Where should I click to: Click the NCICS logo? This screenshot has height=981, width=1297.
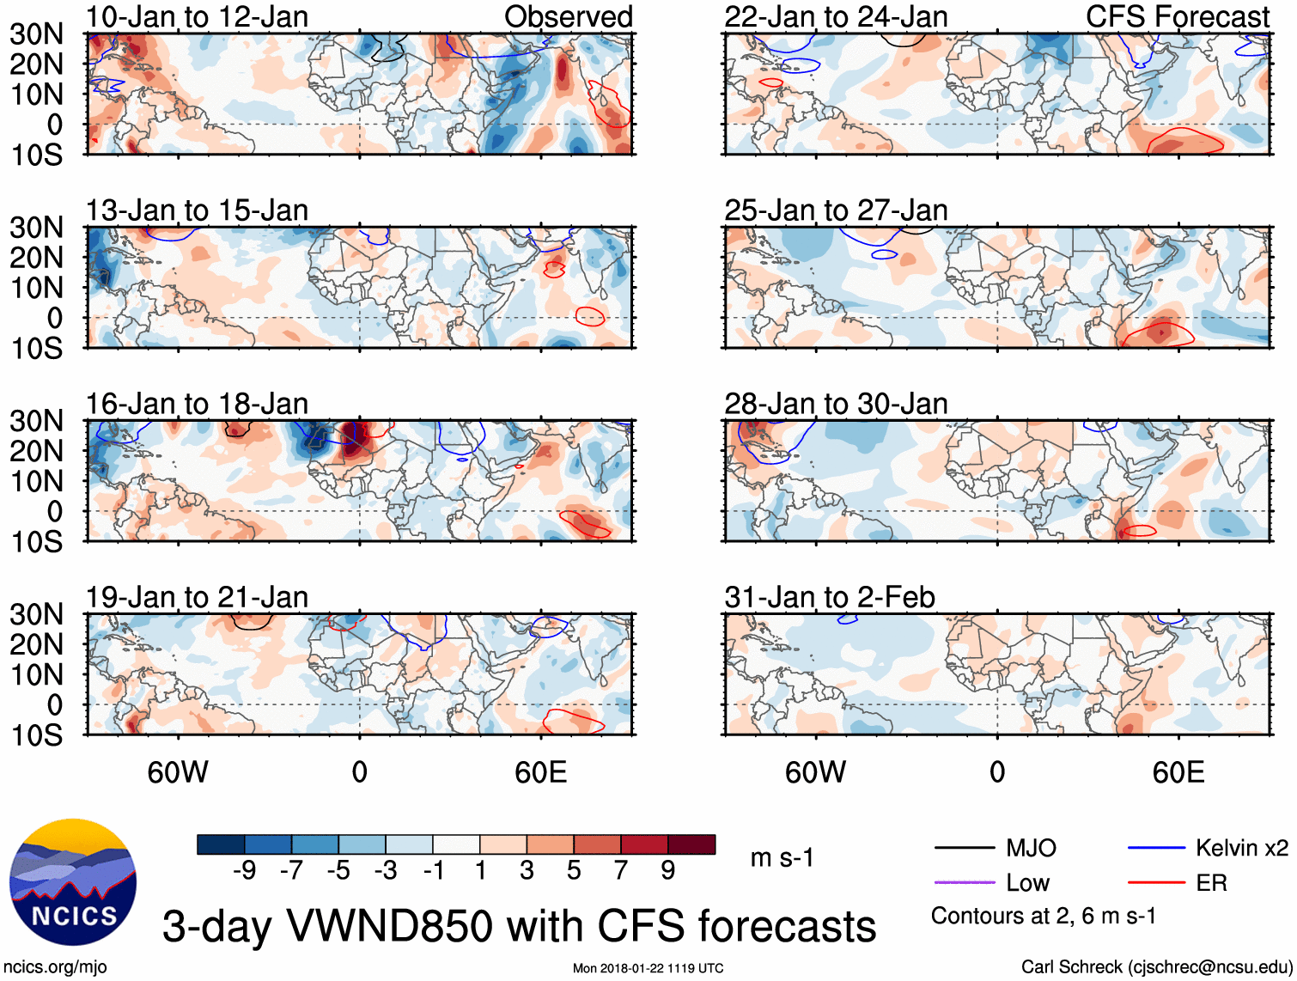[73, 882]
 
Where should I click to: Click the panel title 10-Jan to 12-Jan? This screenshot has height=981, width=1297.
[197, 17]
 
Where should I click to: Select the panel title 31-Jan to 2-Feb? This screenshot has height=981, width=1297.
[829, 597]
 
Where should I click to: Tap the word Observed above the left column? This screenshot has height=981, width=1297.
[568, 17]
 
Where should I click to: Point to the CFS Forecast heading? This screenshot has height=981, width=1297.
[1177, 17]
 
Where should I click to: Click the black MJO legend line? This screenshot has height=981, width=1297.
[965, 849]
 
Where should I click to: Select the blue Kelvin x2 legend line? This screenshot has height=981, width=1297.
[1156, 849]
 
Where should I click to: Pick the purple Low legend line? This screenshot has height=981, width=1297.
[965, 883]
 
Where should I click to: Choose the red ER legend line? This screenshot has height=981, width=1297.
[1156, 883]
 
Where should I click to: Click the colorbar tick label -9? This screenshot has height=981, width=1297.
[244, 871]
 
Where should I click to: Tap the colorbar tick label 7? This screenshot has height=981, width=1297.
[621, 871]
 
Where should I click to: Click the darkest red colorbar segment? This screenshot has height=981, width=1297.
[691, 844]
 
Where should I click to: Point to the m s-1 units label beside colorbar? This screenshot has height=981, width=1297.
[782, 858]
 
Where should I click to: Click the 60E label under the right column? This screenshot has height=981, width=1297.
[1178, 772]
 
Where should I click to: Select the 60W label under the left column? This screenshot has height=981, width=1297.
[178, 772]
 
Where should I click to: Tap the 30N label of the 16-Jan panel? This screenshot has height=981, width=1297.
[36, 421]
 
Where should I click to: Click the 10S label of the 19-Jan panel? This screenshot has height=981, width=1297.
[36, 735]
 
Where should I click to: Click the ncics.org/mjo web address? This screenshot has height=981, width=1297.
[55, 967]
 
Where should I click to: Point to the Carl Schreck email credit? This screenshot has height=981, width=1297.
[1156, 967]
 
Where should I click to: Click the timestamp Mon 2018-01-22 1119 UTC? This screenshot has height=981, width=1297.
[648, 968]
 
